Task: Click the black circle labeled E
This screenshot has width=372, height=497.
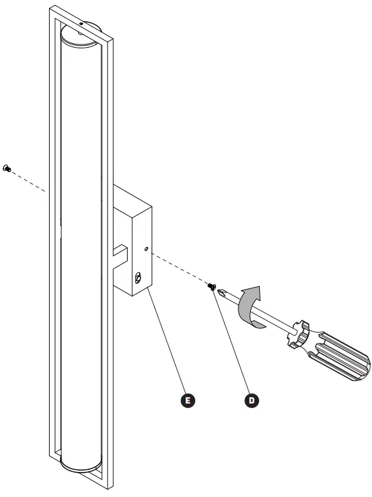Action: pyautogui.click(x=188, y=400)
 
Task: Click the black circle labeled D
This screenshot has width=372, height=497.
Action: pyautogui.click(x=251, y=400)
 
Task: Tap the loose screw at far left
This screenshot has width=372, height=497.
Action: pyautogui.click(x=8, y=168)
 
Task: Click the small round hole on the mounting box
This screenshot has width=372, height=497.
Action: pyautogui.click(x=146, y=248)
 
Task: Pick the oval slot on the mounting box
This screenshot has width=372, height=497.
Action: pyautogui.click(x=139, y=278)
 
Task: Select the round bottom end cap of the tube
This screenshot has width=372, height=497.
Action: pyautogui.click(x=81, y=465)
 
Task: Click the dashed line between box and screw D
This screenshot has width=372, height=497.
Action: pyautogui.click(x=181, y=269)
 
